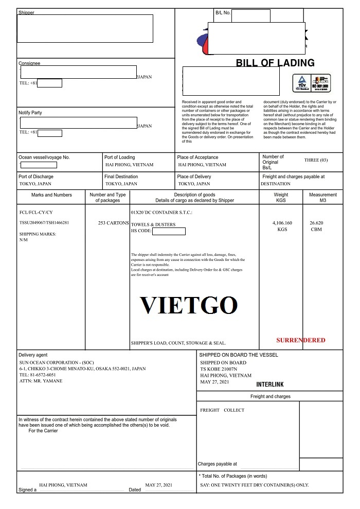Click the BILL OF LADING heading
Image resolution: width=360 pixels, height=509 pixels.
click(275, 63)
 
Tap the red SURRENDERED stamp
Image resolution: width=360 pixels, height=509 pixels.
click(301, 340)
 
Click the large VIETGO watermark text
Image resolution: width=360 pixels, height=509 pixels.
click(189, 306)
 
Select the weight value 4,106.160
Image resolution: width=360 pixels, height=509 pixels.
click(282, 223)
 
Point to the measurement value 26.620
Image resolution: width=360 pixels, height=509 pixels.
click(316, 223)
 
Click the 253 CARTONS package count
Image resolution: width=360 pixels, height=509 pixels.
click(113, 223)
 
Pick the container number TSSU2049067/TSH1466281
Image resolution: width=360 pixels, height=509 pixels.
click(44, 223)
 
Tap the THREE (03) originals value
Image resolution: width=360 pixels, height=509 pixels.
click(316, 160)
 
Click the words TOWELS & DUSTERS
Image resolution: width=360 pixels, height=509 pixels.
click(153, 224)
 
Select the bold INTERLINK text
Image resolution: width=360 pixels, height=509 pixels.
click(269, 384)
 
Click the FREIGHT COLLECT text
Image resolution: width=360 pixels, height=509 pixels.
click(222, 410)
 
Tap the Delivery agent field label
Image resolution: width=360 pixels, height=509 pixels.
click(33, 355)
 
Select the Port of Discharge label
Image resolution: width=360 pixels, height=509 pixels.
click(36, 177)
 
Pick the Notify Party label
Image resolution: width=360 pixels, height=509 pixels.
click(30, 113)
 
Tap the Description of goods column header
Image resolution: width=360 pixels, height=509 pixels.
click(194, 195)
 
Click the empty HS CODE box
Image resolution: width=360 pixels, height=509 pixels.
click(169, 231)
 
